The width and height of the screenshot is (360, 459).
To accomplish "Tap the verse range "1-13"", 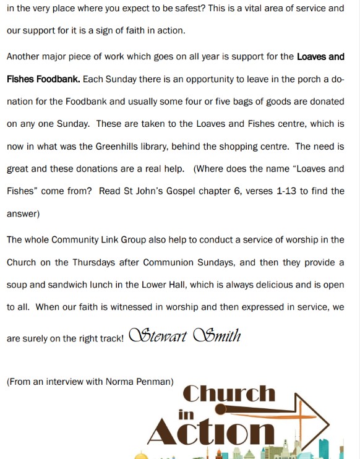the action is coord(285,191).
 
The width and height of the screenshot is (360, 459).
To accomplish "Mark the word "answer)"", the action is coord(23,214).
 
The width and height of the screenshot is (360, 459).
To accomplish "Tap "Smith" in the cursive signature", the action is coord(216,336).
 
